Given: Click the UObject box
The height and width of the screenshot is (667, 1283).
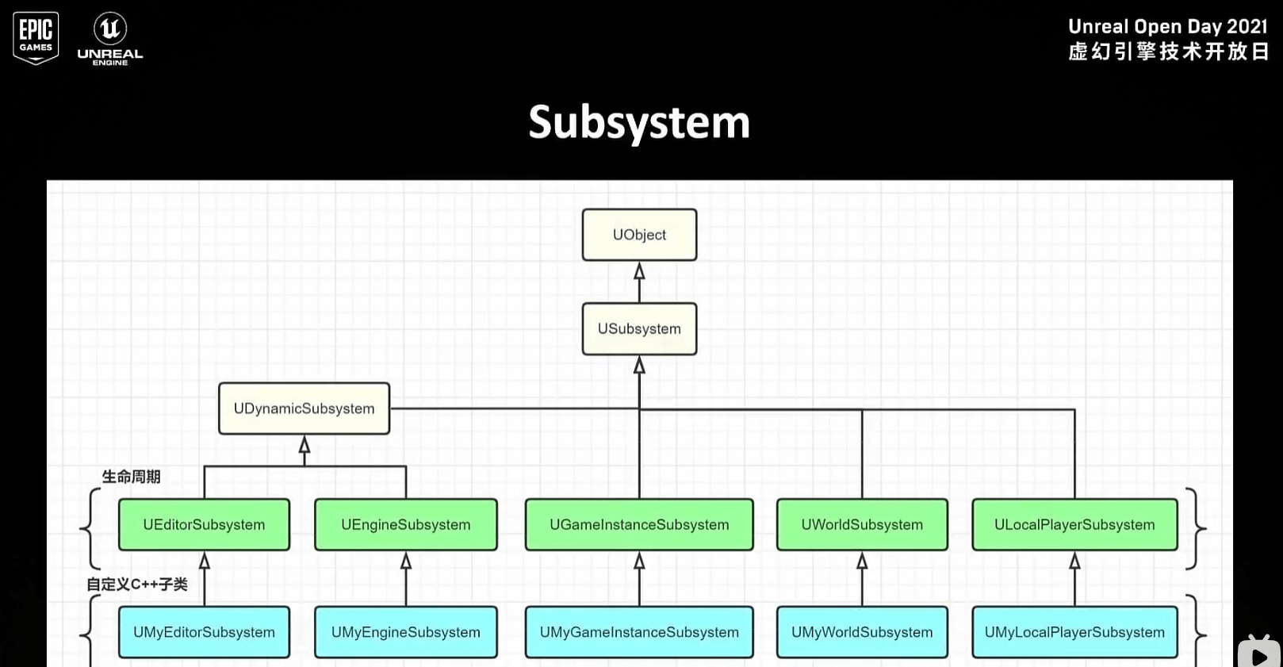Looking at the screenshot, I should [639, 235].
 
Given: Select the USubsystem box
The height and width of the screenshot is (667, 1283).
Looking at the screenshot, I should [639, 328].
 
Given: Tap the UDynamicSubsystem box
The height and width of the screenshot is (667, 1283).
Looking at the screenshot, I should [304, 408].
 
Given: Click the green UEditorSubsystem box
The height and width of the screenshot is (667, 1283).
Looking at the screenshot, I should [204, 524].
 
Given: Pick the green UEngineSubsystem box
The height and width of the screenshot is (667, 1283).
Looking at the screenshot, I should [405, 524].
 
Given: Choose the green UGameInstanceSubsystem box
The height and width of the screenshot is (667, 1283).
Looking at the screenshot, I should [639, 524].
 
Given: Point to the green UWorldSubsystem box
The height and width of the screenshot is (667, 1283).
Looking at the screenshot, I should [862, 524].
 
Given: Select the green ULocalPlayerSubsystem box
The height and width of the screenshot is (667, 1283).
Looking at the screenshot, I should [1074, 524].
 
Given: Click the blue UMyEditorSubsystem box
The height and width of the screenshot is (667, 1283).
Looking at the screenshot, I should [204, 632].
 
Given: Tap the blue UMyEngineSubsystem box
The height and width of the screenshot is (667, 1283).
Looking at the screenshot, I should [405, 632].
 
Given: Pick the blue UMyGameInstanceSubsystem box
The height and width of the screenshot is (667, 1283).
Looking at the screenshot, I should [639, 632].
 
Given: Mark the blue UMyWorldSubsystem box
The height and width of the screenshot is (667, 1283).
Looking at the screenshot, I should [862, 632].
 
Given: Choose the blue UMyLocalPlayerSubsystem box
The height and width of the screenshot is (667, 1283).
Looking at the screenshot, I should [1074, 632].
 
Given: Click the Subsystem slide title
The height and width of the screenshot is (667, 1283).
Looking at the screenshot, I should [639, 122].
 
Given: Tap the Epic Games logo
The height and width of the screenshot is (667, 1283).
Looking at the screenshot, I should [36, 37].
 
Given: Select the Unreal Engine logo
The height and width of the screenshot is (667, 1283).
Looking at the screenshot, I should [110, 38].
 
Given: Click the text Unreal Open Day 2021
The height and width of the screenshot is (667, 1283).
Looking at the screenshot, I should [1167, 27].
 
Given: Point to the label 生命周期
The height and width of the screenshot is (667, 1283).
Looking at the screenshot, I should [132, 477].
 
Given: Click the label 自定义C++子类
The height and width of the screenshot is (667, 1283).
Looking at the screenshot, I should [137, 585].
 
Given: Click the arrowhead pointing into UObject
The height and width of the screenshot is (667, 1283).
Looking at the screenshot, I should [639, 271].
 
